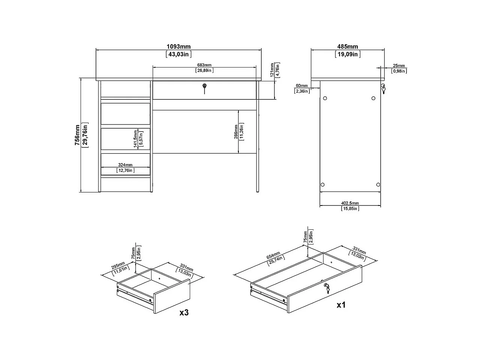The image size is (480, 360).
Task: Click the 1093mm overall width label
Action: pos(178,47)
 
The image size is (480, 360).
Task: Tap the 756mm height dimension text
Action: pos(77,135)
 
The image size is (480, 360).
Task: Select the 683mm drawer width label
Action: pos(204,65)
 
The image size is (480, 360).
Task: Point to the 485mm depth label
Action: pos(348,47)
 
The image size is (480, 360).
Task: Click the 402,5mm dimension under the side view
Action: pos(350,203)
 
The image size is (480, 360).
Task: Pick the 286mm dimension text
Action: pos(235,132)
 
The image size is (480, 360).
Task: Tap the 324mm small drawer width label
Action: pos(125,165)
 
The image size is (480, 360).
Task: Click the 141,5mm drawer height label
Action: pos(135,139)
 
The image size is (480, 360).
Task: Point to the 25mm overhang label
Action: pos(399,66)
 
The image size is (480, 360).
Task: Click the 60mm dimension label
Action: pos(301,86)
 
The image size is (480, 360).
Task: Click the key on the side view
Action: pos(383,89)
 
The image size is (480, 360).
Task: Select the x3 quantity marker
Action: pos(184,312)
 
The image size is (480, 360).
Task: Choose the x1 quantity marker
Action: pos(341,305)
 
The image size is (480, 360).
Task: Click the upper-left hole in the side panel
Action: pos(325,98)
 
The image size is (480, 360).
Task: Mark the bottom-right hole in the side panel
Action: pos(378,184)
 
